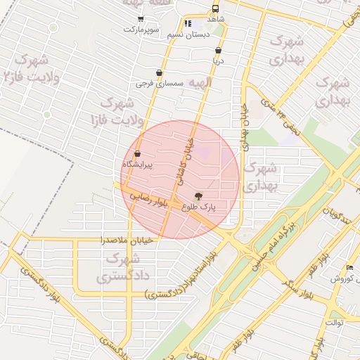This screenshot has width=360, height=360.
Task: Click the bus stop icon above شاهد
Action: click(x=215, y=8)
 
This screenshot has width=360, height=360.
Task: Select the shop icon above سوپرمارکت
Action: click(x=141, y=19)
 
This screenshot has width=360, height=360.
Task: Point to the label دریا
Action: click(x=219, y=61)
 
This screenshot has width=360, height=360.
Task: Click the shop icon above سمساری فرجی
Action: click(x=160, y=72)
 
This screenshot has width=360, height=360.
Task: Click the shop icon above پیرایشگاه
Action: click(x=137, y=153)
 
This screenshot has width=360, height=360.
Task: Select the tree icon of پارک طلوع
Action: click(x=199, y=196)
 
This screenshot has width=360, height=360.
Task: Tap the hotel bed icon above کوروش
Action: click(x=350, y=268)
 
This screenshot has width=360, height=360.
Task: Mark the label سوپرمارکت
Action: click(x=143, y=30)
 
